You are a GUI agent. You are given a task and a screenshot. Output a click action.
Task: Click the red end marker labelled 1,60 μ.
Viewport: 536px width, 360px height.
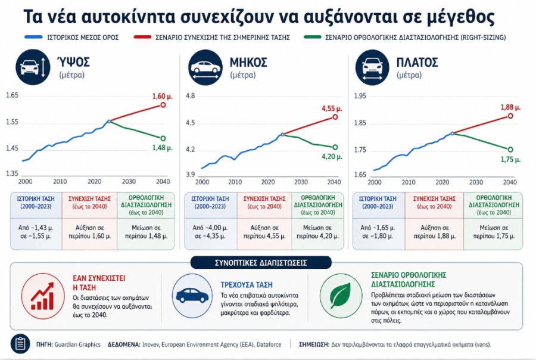[163, 105]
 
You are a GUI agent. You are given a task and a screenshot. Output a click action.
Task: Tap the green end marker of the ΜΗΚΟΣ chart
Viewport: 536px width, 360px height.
[335, 147]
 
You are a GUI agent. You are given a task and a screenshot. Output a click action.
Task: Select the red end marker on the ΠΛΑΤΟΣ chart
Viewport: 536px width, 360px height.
[510, 116]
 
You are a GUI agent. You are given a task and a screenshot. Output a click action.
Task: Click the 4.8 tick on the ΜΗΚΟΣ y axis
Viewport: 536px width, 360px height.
[190, 95]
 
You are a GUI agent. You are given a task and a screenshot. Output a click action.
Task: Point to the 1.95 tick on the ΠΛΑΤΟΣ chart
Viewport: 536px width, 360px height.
[360, 96]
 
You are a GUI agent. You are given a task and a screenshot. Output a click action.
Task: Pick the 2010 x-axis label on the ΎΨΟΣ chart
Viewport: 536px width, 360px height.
[60, 181]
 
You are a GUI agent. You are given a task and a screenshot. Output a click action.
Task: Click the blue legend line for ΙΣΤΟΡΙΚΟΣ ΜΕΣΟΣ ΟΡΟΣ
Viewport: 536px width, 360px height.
[33, 37]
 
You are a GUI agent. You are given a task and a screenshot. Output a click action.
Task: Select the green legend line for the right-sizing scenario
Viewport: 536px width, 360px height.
[313, 37]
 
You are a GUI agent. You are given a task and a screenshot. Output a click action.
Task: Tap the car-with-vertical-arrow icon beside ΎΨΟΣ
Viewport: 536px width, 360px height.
[33, 67]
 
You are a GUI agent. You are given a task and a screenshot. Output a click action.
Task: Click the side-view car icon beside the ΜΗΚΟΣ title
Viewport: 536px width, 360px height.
[205, 67]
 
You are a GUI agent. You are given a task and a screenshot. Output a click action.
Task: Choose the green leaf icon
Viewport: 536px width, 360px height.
[341, 296]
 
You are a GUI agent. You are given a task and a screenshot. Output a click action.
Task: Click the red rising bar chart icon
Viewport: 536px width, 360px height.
[43, 296]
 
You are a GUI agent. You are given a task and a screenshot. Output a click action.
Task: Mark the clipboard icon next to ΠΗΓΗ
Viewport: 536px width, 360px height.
[20, 343]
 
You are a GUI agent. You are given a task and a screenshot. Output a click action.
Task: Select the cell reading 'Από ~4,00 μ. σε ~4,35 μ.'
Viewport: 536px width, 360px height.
[210, 232]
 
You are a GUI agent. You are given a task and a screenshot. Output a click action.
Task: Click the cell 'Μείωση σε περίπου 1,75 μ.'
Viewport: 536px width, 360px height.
[494, 232]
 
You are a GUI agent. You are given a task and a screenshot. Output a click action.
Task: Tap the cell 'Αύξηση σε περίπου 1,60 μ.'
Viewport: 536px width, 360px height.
[89, 232]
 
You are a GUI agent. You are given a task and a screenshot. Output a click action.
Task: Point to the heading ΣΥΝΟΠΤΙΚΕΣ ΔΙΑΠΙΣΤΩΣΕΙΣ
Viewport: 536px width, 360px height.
[261, 263]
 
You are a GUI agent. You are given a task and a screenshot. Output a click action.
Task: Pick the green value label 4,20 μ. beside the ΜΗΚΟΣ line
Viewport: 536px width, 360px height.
[332, 157]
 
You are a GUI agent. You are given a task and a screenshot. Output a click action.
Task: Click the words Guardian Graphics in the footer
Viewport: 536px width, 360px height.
[77, 345]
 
